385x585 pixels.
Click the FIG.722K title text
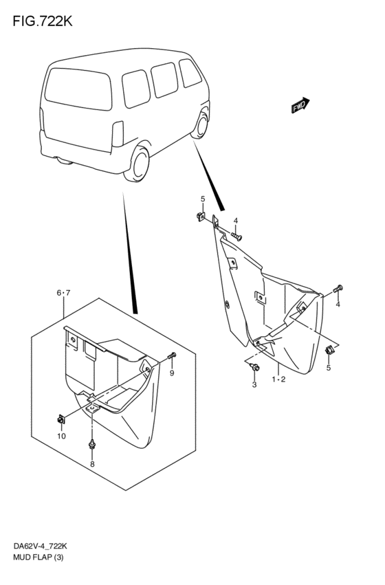(43, 21)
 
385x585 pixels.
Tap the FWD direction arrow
(300, 105)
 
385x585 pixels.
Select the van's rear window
(78, 89)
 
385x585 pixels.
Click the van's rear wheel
(137, 164)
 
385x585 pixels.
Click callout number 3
(254, 385)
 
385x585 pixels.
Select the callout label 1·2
(278, 379)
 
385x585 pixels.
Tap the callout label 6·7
(63, 293)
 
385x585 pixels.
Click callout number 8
(92, 464)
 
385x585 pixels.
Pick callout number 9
(172, 373)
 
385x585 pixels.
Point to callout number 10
(62, 436)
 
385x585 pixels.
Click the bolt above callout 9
(172, 355)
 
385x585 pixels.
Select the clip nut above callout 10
(60, 420)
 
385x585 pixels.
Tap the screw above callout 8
(91, 445)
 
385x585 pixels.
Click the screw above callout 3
(255, 367)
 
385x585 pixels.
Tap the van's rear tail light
(118, 133)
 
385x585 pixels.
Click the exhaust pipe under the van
(65, 161)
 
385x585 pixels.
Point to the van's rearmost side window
(136, 89)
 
